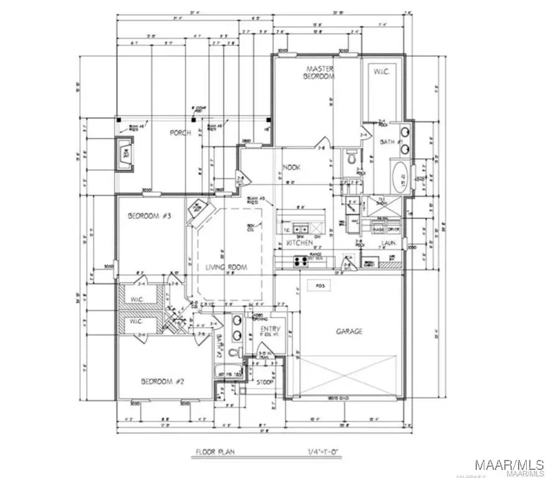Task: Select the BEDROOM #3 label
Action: pos(149,216)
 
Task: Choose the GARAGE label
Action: pos(349,332)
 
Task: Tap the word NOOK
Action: pos(292,167)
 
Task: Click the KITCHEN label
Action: pos(299,243)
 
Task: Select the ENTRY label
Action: pos(270,329)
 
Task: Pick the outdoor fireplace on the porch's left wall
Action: pos(127,154)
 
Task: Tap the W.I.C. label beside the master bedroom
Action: pos(382,72)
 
